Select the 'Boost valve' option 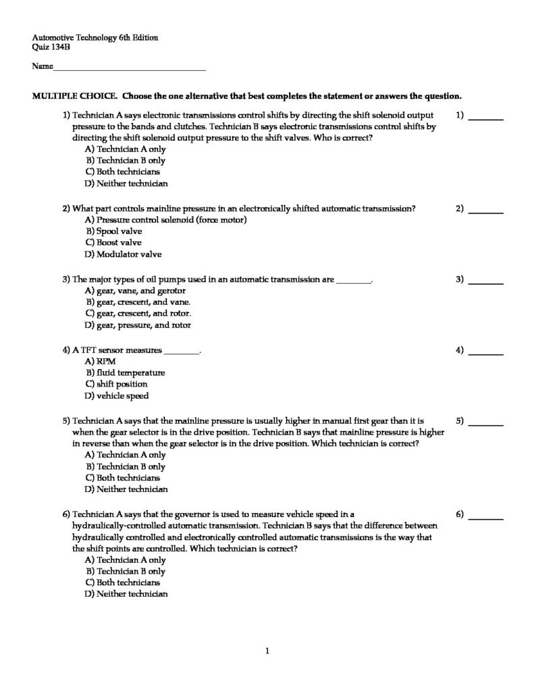point(119,243)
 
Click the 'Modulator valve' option point(124,255)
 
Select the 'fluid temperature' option point(130,372)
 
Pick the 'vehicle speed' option point(122,396)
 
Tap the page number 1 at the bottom point(267,651)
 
